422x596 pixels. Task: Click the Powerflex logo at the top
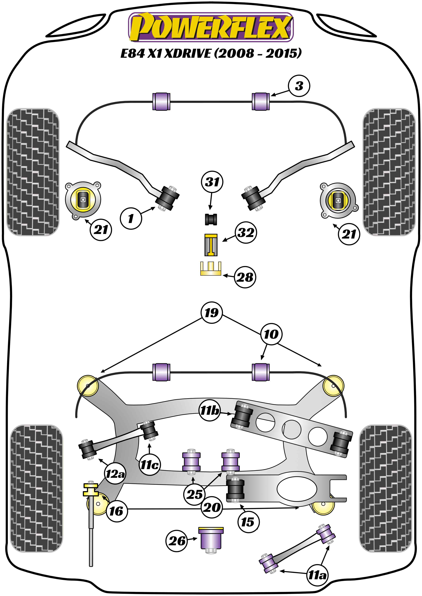pos(211,27)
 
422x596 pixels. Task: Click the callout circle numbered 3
pos(299,86)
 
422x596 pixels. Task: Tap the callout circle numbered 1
pos(131,218)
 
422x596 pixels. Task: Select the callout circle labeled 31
pos(212,182)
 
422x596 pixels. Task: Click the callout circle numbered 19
pos(212,312)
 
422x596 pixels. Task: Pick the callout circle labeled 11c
pos(149,465)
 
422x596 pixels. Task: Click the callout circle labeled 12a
pos(115,474)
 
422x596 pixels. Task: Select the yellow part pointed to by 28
pos(211,268)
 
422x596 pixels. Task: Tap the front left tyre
pos(33,172)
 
